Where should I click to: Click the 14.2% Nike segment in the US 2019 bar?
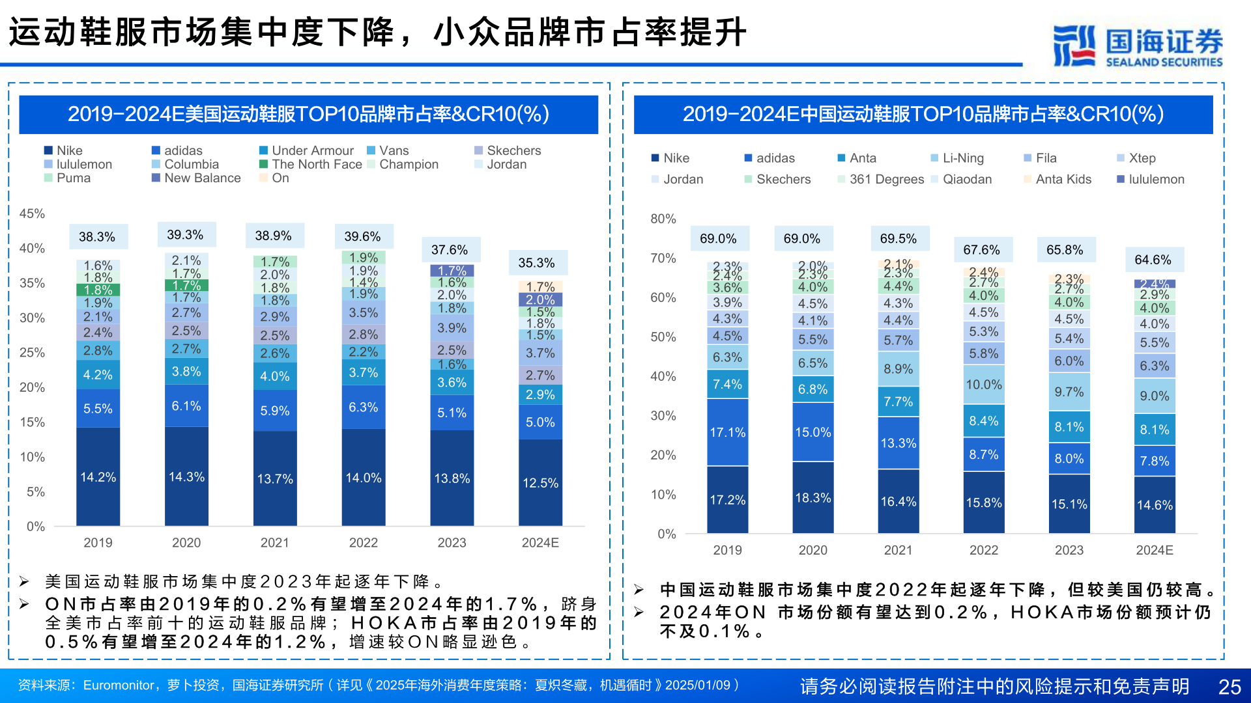pyautogui.click(x=98, y=477)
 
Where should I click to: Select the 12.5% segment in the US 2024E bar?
pyautogui.click(x=540, y=483)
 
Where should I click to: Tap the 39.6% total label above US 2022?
pyautogui.click(x=362, y=236)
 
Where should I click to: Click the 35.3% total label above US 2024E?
pyautogui.click(x=536, y=263)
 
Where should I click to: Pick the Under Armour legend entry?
pyautogui.click(x=306, y=150)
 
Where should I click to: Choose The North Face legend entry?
pyautogui.click(x=310, y=164)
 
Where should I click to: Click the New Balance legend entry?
pyautogui.click(x=196, y=178)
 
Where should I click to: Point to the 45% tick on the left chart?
pyautogui.click(x=32, y=214)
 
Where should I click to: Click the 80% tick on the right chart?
pyautogui.click(x=663, y=219)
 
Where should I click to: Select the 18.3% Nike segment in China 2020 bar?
pyautogui.click(x=812, y=498)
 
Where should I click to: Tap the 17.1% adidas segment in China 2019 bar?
pyautogui.click(x=727, y=432)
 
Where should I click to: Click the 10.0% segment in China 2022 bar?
pyautogui.click(x=983, y=385)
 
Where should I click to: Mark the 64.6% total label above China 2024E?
pyautogui.click(x=1153, y=260)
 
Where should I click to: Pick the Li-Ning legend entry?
pyautogui.click(x=957, y=158)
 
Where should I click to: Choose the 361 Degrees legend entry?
pyautogui.click(x=880, y=179)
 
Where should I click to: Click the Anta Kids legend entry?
pyautogui.click(x=1057, y=179)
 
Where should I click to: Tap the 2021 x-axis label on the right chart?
pyautogui.click(x=898, y=550)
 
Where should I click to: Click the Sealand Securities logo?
pyautogui.click(x=1138, y=46)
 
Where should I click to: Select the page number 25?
pyautogui.click(x=1229, y=687)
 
